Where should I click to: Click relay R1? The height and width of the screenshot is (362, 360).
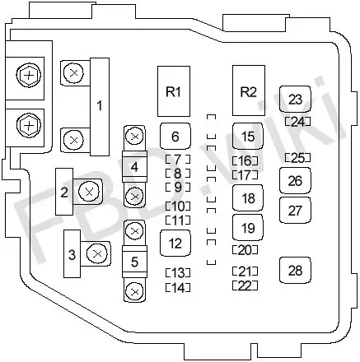[x=174, y=91]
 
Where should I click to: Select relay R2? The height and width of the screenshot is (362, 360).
[x=249, y=90]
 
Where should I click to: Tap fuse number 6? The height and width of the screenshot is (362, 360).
[x=175, y=137]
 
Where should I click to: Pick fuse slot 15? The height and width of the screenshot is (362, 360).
[x=248, y=137]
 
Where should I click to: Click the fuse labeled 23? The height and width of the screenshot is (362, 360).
[x=295, y=100]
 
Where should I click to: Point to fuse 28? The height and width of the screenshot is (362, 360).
[x=295, y=271]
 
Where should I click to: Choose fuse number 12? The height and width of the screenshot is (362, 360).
[x=175, y=244]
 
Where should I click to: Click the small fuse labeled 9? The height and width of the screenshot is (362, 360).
[x=178, y=187]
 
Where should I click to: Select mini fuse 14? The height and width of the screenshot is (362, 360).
[x=178, y=287]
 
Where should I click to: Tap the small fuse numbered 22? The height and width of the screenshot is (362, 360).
[x=245, y=285]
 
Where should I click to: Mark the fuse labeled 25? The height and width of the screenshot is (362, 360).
[x=297, y=158]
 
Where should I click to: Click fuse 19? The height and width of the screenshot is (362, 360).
[x=248, y=228]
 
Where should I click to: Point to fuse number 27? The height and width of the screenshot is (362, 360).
[x=295, y=211]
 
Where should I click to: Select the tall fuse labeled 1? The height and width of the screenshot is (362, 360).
[x=100, y=106]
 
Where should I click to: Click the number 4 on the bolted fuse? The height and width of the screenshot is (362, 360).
[x=134, y=167]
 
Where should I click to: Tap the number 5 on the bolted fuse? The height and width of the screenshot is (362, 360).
[x=134, y=262]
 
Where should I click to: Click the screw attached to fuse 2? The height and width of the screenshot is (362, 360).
[x=89, y=192]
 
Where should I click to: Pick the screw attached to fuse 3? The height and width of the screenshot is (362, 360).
[x=96, y=253]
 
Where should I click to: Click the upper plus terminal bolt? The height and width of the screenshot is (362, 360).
[x=29, y=75]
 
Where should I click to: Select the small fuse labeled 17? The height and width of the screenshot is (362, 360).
[x=245, y=174]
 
